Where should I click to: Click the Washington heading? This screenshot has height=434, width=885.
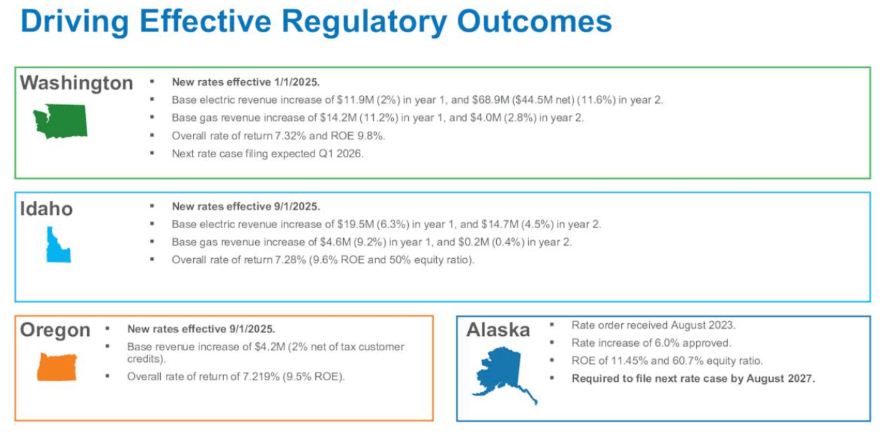coord(76,83)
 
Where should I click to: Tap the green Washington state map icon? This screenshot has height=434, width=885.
coord(60,120)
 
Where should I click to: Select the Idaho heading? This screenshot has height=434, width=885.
coord(46,209)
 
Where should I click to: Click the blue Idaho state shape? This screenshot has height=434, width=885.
coord(58,245)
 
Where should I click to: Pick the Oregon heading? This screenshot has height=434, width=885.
coord(55,330)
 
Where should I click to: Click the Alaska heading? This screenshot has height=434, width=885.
coord(498,330)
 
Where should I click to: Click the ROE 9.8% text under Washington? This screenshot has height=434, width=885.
coord(371,135)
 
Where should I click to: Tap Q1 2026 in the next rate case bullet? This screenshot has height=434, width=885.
coord(344,153)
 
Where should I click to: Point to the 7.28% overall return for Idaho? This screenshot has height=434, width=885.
coord(289,260)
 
